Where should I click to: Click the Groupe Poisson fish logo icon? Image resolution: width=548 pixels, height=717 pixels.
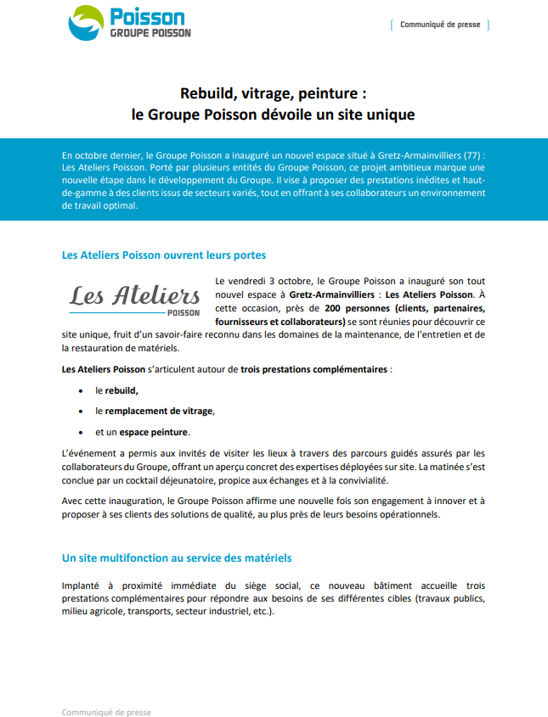(87, 23)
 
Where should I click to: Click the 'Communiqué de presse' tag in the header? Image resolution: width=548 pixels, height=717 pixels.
(440, 25)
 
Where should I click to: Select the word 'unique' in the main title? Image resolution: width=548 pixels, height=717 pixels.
(393, 112)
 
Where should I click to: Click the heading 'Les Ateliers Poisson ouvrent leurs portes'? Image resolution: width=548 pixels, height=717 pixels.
(164, 255)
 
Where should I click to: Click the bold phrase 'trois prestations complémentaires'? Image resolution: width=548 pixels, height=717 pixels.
(314, 370)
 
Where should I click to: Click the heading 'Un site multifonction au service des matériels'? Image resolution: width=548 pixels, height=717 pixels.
(177, 557)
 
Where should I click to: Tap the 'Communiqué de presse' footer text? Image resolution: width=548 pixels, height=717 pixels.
(106, 712)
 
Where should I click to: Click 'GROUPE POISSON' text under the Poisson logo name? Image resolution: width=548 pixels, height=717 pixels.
(150, 33)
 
